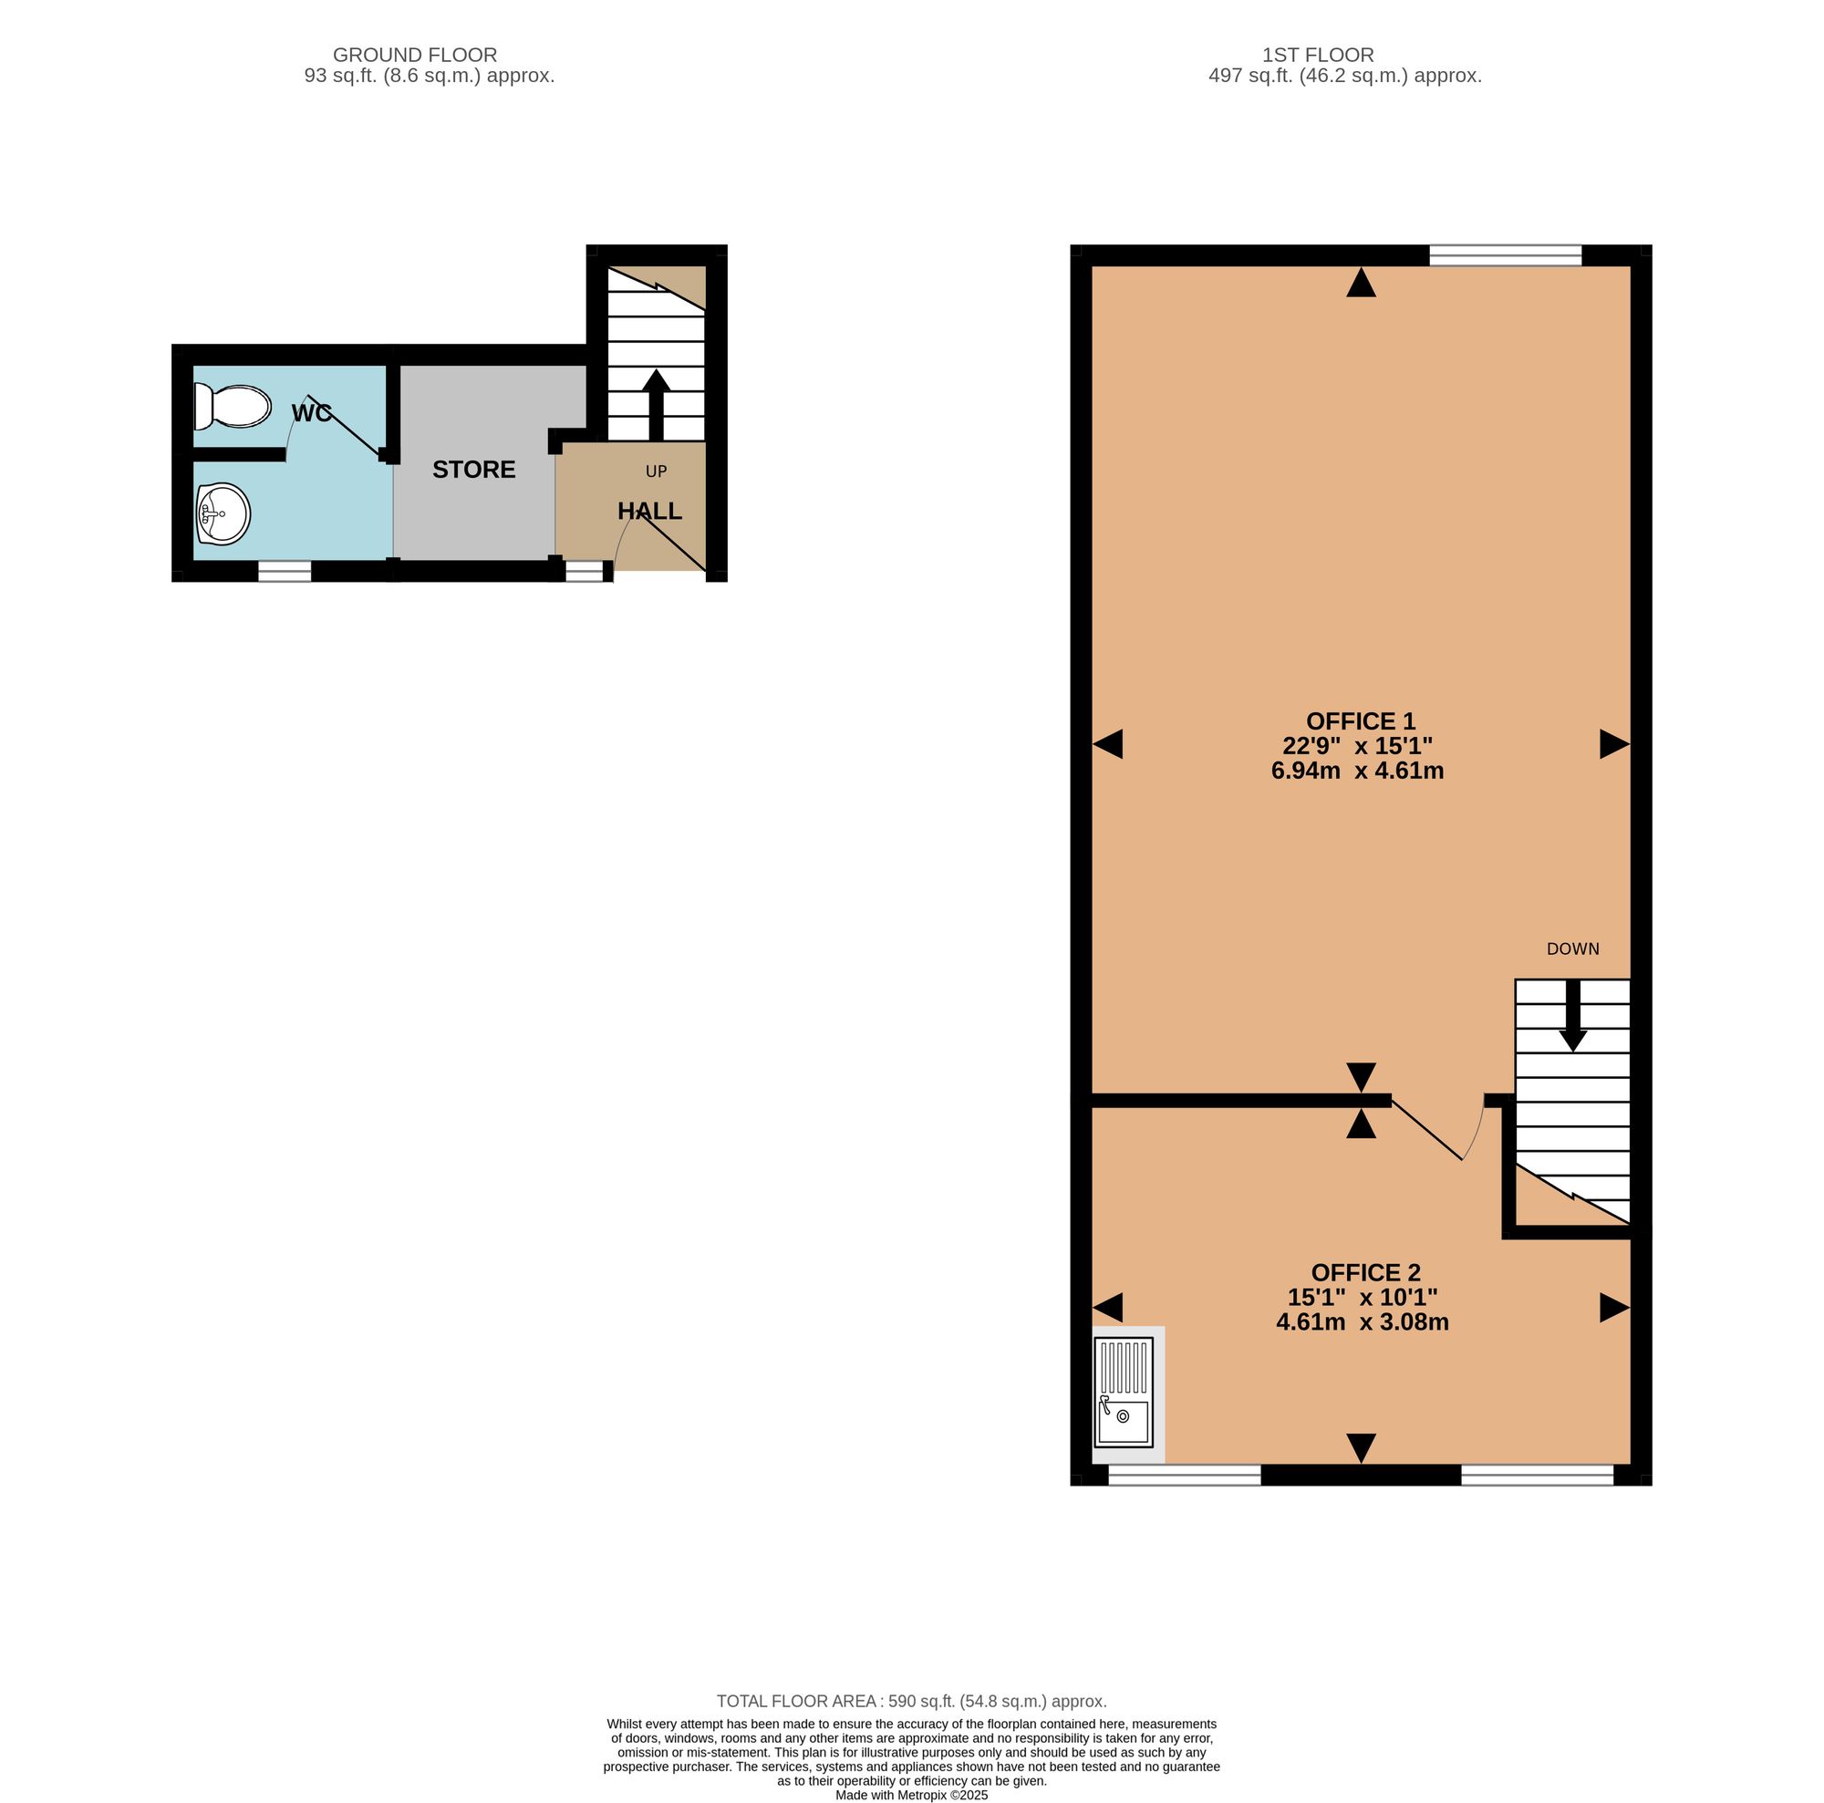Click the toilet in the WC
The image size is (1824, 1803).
pyautogui.click(x=232, y=406)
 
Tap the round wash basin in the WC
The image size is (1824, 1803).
pyautogui.click(x=223, y=514)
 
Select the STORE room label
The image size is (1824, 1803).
pyautogui.click(x=474, y=469)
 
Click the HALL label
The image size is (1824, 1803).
pyautogui.click(x=649, y=511)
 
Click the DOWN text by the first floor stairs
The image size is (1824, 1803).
pyautogui.click(x=1573, y=948)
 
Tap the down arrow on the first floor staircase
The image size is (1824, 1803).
pyautogui.click(x=1573, y=1016)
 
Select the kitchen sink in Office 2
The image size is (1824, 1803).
pyautogui.click(x=1124, y=1393)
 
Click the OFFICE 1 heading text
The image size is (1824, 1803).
pyautogui.click(x=1361, y=721)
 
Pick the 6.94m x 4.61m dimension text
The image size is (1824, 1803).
pyautogui.click(x=1358, y=771)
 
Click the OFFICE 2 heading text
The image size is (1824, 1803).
pyautogui.click(x=1365, y=1272)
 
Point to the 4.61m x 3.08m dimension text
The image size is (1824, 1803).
pyautogui.click(x=1363, y=1321)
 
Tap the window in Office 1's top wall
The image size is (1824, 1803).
pyautogui.click(x=1505, y=254)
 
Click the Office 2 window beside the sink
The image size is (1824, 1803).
pyautogui.click(x=1184, y=1475)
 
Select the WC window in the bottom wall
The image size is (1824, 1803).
pyautogui.click(x=285, y=571)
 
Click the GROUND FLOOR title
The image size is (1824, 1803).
pyautogui.click(x=414, y=55)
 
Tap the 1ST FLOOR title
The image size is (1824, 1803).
pyautogui.click(x=1318, y=55)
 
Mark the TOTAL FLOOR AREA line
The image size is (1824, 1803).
pyautogui.click(x=911, y=1701)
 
